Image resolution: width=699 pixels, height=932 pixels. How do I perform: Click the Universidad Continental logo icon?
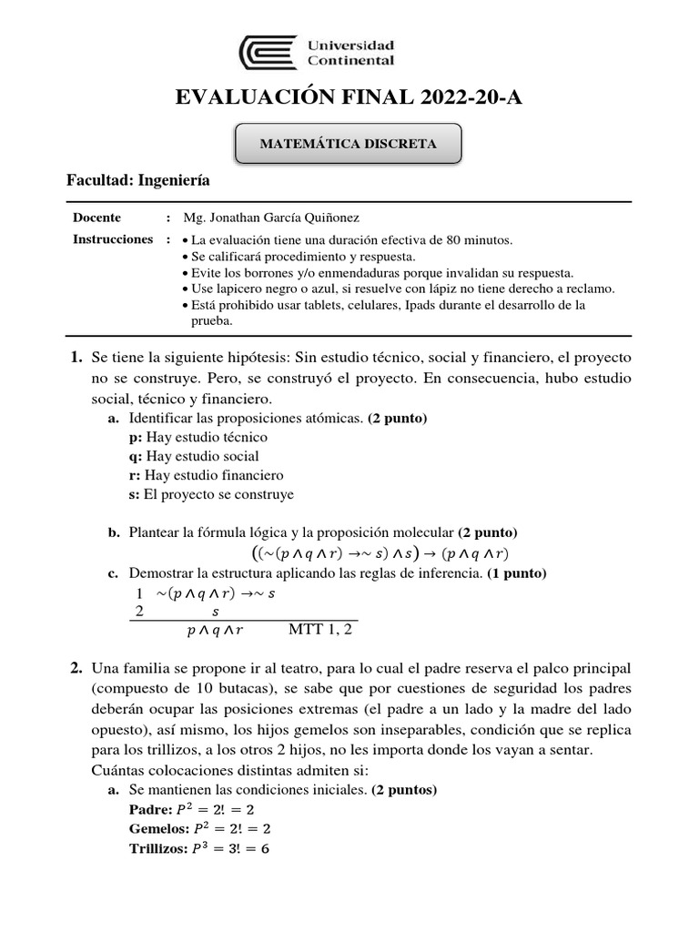click(268, 52)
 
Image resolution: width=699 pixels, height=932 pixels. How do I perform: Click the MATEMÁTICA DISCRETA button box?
click(349, 144)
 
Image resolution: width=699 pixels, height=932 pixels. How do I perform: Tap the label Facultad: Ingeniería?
click(138, 180)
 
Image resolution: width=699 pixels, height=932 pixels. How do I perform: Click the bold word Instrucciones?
click(113, 239)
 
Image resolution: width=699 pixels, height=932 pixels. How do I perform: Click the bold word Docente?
click(96, 218)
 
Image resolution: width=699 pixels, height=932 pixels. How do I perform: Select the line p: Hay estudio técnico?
click(198, 437)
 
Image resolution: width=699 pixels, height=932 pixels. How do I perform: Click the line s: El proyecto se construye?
click(211, 494)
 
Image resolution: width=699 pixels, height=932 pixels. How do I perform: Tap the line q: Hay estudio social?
click(194, 456)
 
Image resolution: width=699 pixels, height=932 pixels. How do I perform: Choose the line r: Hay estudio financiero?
click(207, 475)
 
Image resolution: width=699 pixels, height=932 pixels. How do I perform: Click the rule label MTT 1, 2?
click(320, 629)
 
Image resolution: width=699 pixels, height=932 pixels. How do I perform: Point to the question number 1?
click(77, 358)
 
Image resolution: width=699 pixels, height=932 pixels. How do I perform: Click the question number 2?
click(77, 668)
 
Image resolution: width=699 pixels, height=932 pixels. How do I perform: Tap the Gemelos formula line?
click(201, 828)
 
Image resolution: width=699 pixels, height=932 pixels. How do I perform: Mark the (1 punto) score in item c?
click(517, 573)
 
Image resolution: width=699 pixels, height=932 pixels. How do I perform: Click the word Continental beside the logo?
click(351, 60)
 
